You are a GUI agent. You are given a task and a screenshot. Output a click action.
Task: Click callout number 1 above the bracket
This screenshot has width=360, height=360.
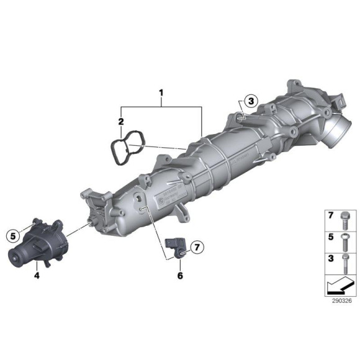[161, 96]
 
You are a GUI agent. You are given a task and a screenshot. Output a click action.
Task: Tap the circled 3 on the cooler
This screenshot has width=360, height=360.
[250, 102]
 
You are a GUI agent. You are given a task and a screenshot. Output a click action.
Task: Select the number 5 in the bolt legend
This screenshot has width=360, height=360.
[331, 236]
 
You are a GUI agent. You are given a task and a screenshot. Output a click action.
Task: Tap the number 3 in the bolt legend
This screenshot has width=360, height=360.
[331, 257]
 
